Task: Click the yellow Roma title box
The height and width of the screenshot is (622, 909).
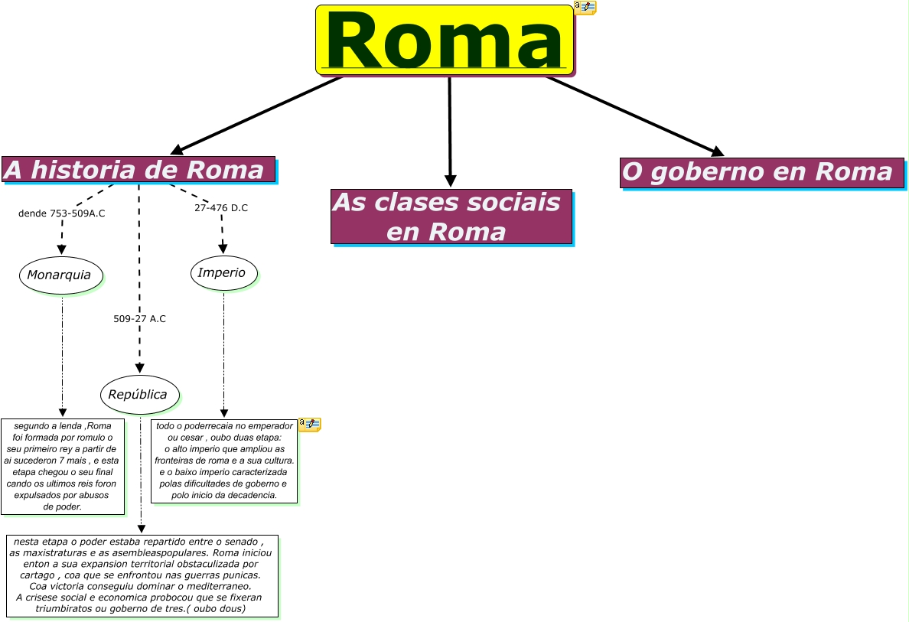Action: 445,40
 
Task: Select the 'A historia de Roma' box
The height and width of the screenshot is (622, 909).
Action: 138,170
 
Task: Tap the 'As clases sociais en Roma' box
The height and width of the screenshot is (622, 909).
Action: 451,217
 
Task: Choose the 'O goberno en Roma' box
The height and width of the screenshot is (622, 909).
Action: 761,172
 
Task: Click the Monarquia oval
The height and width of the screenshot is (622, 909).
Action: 60,275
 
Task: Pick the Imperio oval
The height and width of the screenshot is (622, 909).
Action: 223,273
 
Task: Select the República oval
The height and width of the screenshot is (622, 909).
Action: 139,395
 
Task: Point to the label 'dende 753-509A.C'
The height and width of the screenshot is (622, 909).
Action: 61,213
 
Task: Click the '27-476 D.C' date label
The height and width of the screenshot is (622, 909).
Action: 221,208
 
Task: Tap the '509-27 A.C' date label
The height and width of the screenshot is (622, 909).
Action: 139,319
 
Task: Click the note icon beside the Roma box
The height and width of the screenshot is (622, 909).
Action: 585,8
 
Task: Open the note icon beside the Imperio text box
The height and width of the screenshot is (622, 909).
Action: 309,424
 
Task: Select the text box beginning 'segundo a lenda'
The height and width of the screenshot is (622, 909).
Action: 63,466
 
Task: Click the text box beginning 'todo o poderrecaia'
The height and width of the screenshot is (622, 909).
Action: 224,461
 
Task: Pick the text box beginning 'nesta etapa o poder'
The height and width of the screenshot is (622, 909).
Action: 142,575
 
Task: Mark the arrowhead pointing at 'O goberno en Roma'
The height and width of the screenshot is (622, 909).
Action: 717,151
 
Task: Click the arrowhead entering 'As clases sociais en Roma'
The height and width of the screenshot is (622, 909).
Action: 451,181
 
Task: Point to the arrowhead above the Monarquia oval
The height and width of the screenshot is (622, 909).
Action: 61,249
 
